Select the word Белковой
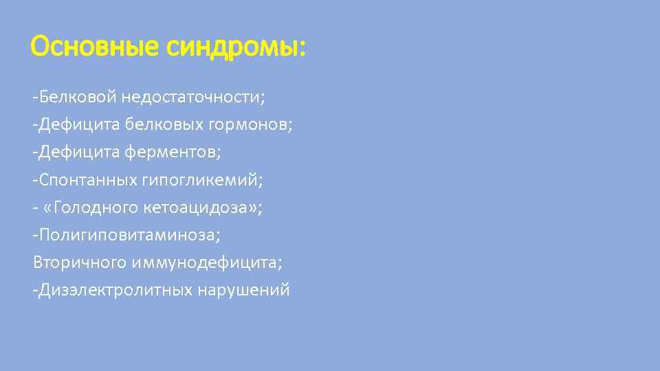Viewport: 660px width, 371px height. [x=78, y=97]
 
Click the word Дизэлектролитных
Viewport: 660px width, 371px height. [x=116, y=290]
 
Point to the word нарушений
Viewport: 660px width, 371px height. [x=243, y=290]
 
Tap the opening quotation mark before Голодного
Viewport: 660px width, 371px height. [x=49, y=207]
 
